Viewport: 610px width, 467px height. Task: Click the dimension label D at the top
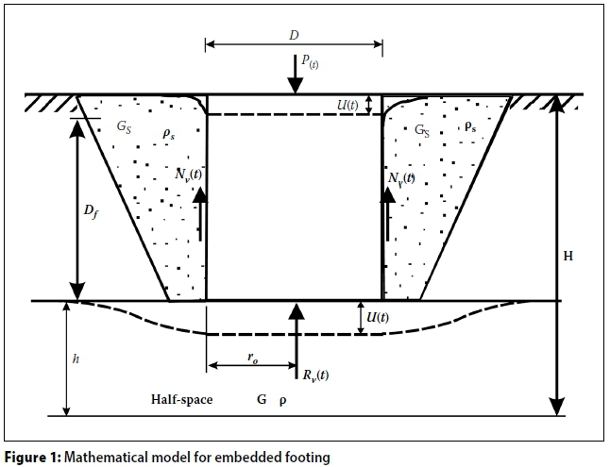(x=294, y=34)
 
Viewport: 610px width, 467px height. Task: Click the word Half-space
(x=182, y=400)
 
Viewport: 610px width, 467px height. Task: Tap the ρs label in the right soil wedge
(x=470, y=124)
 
